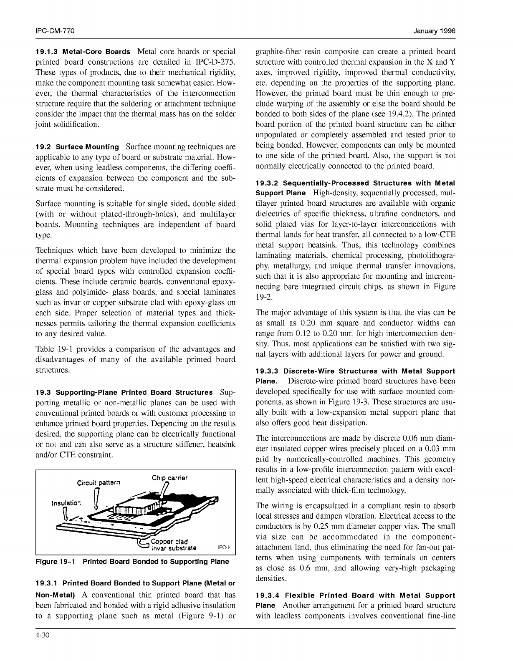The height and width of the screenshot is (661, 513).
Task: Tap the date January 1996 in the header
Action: click(x=434, y=31)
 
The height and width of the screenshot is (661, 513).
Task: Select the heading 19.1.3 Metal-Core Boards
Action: click(x=83, y=52)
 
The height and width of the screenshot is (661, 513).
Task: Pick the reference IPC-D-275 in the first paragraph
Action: click(x=214, y=62)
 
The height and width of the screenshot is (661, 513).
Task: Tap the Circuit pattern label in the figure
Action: click(x=99, y=483)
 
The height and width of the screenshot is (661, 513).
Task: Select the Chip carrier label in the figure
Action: click(x=169, y=478)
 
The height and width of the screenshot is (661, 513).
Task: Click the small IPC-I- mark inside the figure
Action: click(x=224, y=548)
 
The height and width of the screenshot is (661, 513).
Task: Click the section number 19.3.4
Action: click(x=270, y=595)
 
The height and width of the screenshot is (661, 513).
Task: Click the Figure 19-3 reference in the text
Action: click(x=349, y=402)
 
